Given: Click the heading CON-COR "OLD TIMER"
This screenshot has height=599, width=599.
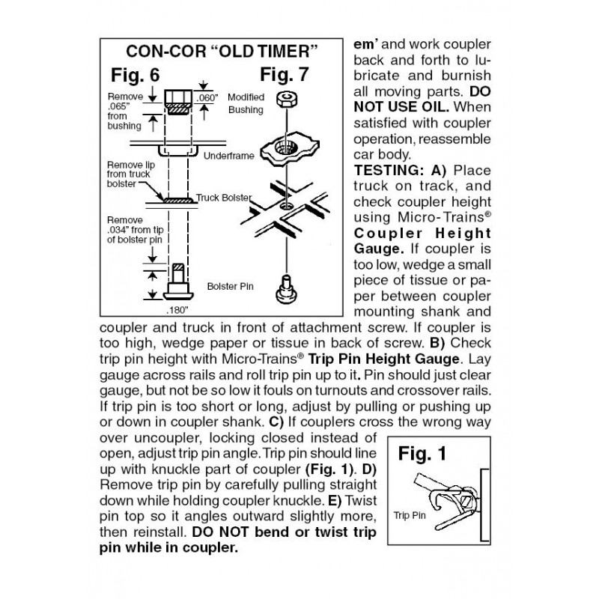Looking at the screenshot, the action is coord(222,52).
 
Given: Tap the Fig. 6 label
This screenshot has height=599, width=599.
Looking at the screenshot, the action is coord(136,75).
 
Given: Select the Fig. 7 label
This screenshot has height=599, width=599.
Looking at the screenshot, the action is coord(285,74).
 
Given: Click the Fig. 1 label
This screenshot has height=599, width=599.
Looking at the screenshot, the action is coord(422,454).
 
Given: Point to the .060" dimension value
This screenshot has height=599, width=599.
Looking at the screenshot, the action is coord(207,98).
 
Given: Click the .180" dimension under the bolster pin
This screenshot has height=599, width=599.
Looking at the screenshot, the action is coord(177,310).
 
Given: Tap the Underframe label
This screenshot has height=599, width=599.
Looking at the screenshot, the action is coord(228,156).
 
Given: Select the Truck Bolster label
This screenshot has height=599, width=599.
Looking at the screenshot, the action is coord(224,198).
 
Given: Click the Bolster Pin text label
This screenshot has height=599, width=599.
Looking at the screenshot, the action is coord(230,287).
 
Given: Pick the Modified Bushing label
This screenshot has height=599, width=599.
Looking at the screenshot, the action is coord(246,103).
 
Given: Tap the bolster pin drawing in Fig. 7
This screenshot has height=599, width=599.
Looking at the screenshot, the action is coord(287,290).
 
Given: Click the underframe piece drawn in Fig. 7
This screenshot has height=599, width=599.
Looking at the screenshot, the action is coord(289,148).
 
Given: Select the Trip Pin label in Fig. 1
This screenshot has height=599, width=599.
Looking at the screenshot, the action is coord(410,515).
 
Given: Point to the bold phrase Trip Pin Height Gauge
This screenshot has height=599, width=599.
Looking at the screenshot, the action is coord(383,359).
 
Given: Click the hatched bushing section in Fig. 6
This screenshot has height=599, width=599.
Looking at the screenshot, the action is coord(178,109).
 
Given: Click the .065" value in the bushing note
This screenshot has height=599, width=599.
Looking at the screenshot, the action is coord(118,106).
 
